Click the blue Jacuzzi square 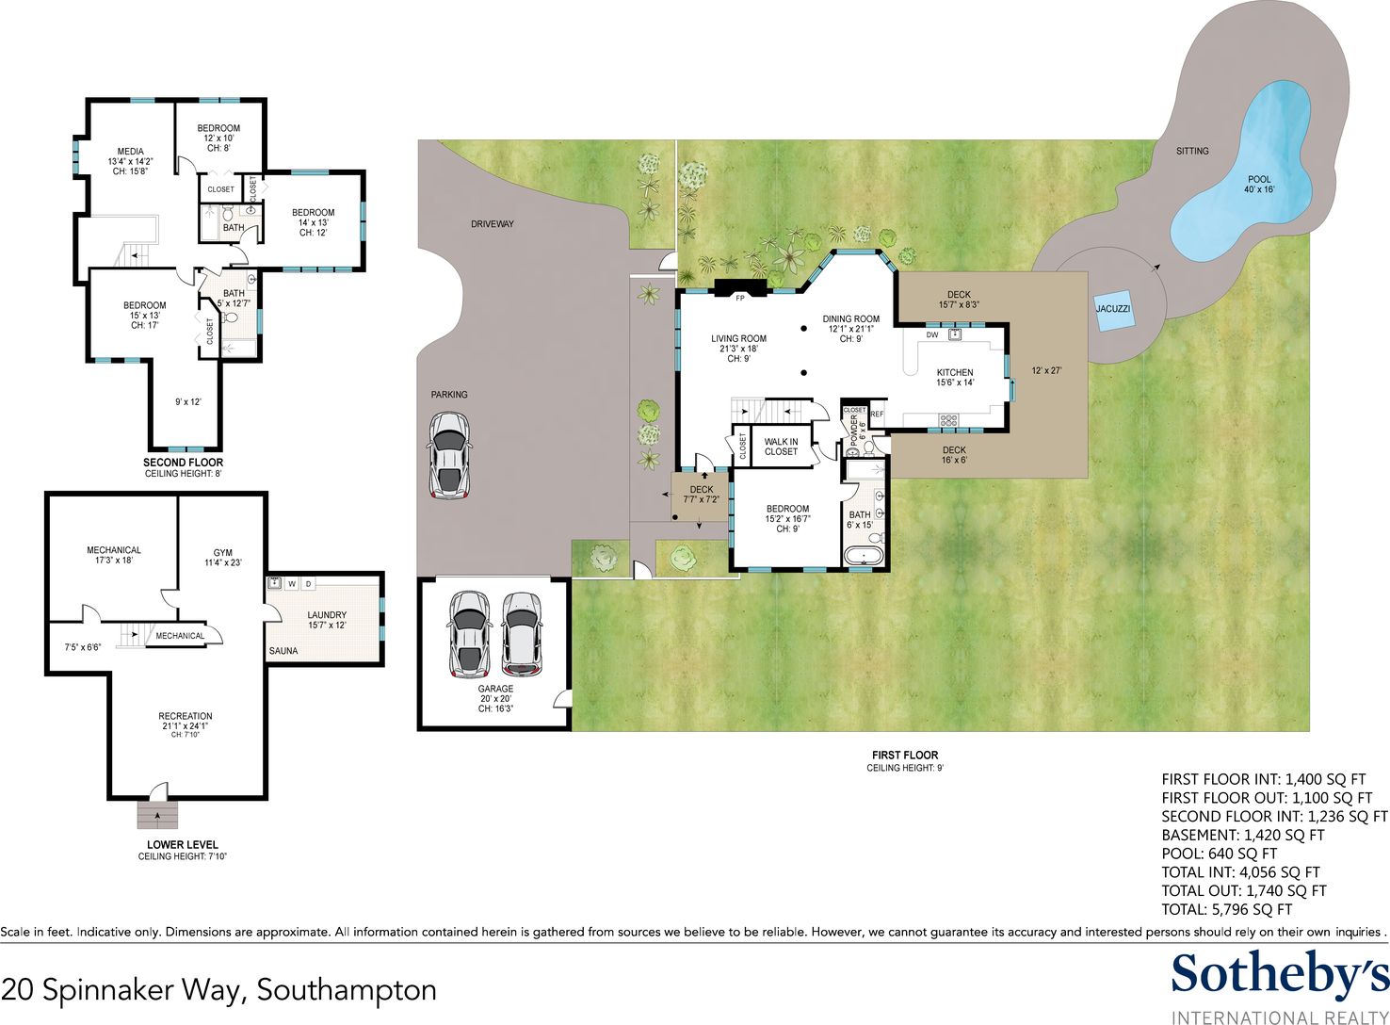pos(1112,309)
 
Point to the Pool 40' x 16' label pos(1259,185)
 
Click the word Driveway pos(493,224)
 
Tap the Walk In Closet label pos(781,447)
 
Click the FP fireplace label pos(739,299)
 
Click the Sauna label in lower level pos(283,651)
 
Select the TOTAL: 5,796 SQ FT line pos(1227,910)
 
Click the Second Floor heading pos(183,463)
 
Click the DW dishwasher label pos(932,335)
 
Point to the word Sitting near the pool pos(1192,151)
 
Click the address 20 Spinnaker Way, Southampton pos(218,989)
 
